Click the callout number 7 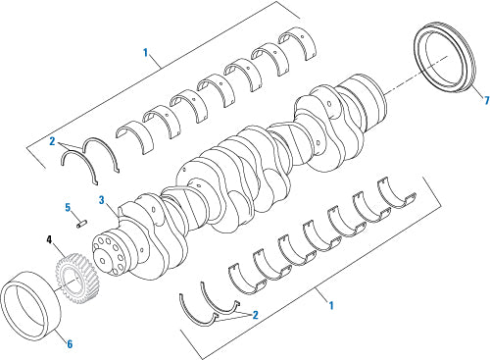[x=487, y=100]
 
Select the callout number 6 [x=70, y=344]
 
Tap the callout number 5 [x=68, y=208]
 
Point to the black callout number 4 [x=49, y=239]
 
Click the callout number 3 [x=102, y=200]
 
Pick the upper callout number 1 [x=146, y=52]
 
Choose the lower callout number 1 [x=331, y=306]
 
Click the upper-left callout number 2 [x=52, y=142]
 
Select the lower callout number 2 [x=255, y=315]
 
